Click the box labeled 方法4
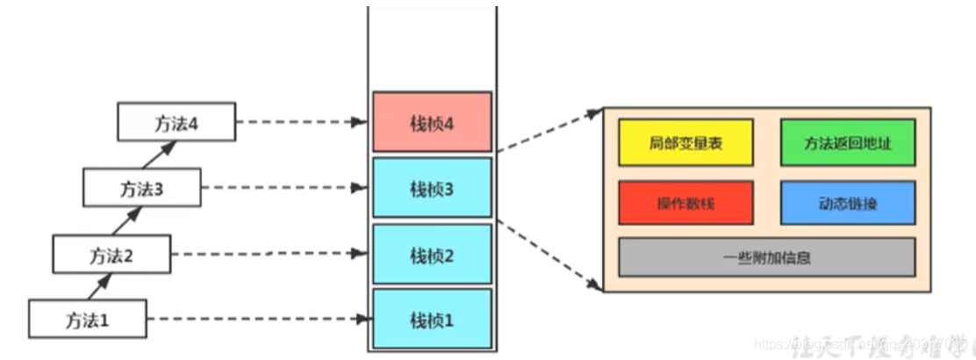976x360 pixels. [x=176, y=121]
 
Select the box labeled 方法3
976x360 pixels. [x=141, y=188]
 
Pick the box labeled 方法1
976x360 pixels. [x=87, y=319]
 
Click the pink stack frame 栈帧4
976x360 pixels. [x=432, y=122]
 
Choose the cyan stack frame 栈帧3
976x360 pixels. [x=432, y=188]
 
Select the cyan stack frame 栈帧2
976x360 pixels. [x=432, y=255]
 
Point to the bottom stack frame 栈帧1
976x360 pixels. [x=432, y=319]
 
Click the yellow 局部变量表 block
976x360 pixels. [x=686, y=142]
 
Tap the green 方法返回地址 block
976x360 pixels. [x=848, y=142]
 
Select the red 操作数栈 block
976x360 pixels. [x=686, y=203]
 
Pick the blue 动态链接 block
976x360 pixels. [x=848, y=203]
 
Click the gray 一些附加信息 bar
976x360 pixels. [x=766, y=257]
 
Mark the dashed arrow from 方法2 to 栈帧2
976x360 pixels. [x=268, y=255]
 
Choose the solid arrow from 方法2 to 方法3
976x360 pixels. [x=128, y=221]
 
